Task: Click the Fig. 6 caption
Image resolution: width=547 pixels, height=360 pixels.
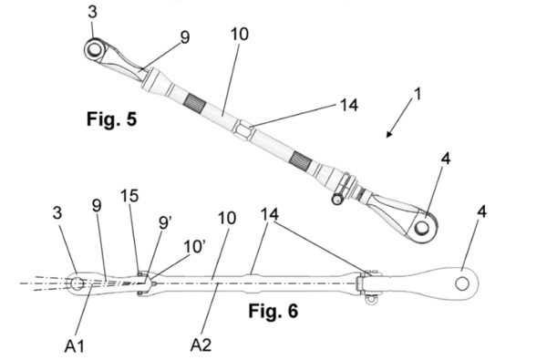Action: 273,311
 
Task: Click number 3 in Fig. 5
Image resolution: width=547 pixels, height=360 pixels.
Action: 95,11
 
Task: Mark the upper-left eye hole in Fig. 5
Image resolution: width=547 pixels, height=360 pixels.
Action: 95,47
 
